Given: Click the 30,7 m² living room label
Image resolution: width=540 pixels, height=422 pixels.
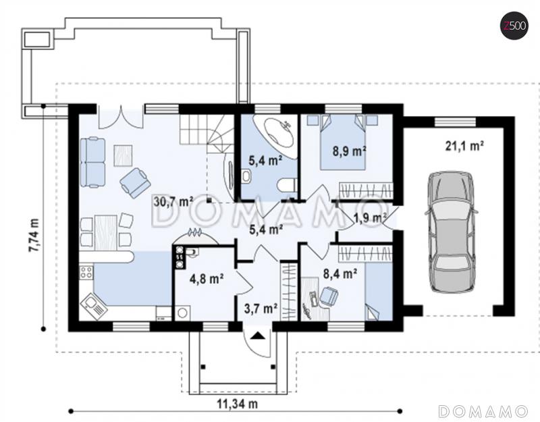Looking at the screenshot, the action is [173, 201].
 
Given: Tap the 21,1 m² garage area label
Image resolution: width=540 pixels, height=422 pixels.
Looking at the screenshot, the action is [464, 146].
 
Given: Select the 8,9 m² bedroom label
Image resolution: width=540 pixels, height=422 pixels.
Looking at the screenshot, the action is [349, 151].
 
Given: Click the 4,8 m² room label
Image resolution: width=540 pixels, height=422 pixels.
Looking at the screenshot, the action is [207, 278].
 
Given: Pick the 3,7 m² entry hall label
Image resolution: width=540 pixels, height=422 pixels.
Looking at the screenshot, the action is [261, 309].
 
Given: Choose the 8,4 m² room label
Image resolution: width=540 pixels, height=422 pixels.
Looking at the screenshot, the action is [340, 273].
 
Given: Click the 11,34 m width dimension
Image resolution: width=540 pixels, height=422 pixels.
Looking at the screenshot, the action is [237, 403].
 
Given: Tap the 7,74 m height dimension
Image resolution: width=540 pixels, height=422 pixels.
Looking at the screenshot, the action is [34, 235].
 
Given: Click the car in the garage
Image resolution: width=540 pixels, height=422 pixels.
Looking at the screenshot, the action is [452, 232].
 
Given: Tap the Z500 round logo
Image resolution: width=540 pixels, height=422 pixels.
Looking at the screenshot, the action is [514, 26].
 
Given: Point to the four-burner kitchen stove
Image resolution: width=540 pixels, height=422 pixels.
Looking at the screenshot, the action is [86, 272].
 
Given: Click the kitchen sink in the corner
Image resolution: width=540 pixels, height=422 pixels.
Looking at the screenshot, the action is [94, 307].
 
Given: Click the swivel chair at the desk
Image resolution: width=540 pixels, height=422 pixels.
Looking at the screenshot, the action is [329, 297].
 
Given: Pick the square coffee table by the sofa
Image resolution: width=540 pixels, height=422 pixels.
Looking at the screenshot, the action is [123, 155].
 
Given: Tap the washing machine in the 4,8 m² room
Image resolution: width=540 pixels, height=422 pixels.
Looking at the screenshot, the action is [182, 313].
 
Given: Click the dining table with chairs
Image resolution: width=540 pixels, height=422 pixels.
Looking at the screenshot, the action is [106, 232].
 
